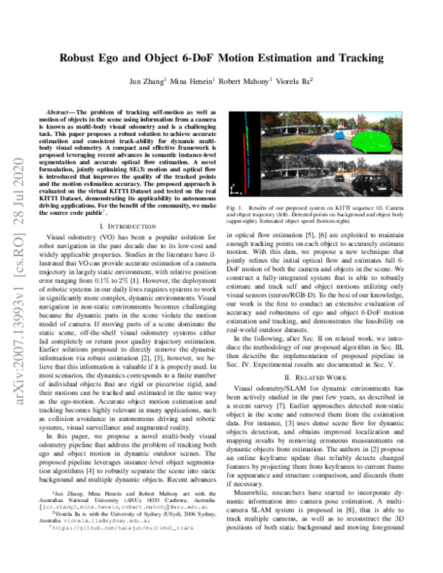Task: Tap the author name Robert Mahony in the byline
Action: coord(245,80)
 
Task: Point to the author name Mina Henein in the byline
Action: coord(193,80)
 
